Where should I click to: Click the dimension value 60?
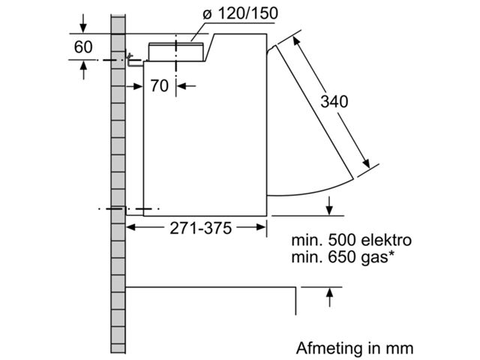click(83, 46)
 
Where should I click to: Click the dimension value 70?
click(160, 85)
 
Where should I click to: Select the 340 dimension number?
click(334, 101)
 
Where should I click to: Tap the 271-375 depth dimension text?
click(201, 228)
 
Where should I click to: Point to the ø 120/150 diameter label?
click(241, 13)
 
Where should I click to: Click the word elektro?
click(386, 240)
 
